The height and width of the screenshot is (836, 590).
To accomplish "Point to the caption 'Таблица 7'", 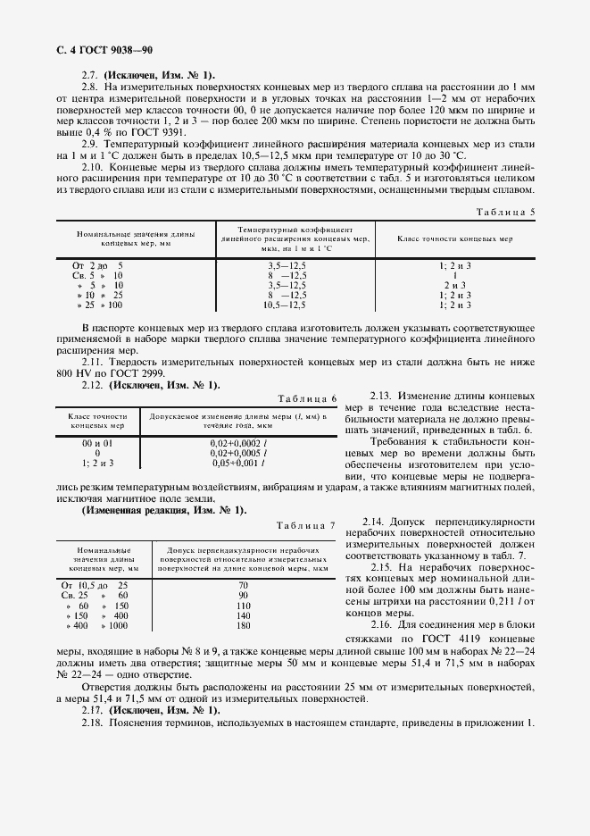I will pyautogui.click(x=308, y=524).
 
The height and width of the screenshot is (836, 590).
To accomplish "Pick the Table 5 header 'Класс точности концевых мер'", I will pyautogui.click(x=454, y=240).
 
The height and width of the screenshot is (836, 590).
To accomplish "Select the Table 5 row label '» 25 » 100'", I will pyautogui.click(x=100, y=305).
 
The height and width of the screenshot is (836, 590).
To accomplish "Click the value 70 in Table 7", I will pyautogui.click(x=243, y=585).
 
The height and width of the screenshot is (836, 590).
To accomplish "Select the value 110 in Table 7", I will pyautogui.click(x=243, y=606).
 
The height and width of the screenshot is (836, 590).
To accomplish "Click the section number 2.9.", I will pyautogui.click(x=89, y=144).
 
